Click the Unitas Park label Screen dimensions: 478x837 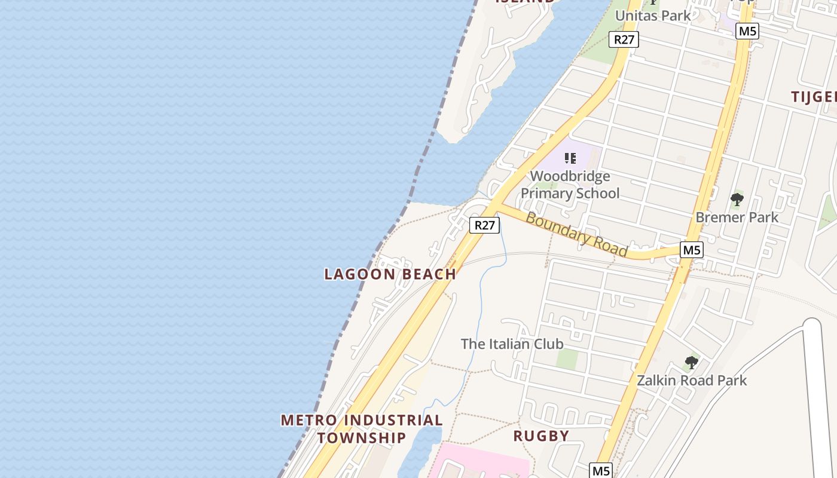[653, 16]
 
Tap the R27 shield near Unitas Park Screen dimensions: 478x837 [624, 39]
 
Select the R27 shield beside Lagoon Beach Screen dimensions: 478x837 [484, 225]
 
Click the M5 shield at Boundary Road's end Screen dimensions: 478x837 [691, 250]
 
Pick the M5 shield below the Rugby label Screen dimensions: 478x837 [601, 470]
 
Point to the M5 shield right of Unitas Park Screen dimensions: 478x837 [747, 31]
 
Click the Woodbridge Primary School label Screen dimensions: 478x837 [570, 185]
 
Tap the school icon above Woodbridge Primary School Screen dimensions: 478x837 [570, 158]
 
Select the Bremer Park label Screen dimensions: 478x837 [737, 217]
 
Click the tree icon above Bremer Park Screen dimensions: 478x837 [737, 200]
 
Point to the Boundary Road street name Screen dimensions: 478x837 [576, 234]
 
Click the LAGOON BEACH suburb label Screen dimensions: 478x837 [390, 274]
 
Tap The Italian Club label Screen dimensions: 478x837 [512, 344]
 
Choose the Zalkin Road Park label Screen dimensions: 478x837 [692, 380]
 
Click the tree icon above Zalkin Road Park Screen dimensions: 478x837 [692, 362]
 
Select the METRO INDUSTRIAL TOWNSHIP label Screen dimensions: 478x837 [362, 428]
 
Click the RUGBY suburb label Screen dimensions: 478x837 [541, 436]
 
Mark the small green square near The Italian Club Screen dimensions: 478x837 [567, 358]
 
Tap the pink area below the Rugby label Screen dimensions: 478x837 [478, 463]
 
